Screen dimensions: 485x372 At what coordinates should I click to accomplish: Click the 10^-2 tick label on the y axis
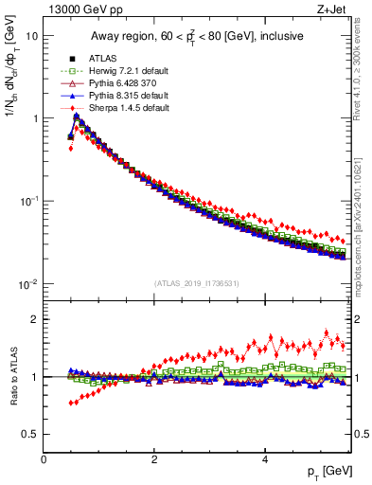28,284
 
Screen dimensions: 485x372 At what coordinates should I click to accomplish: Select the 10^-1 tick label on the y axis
28,201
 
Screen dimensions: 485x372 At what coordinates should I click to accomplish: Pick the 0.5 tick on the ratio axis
30,434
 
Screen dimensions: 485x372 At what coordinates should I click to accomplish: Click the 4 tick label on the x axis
265,459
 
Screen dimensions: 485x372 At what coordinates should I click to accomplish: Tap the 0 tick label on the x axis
44,459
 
